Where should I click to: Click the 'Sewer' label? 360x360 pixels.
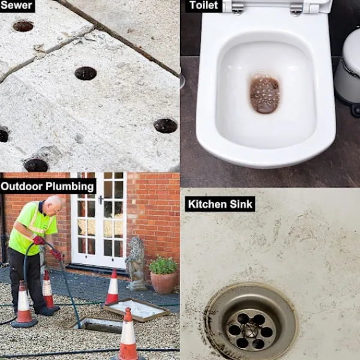tap(17, 5)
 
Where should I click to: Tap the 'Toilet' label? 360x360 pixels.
tap(203, 5)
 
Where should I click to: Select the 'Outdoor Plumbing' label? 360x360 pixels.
tap(47, 186)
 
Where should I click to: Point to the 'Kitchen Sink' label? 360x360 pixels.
tap(220, 204)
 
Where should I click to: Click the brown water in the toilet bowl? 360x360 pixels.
tap(265, 94)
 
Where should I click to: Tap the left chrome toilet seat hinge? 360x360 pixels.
tap(238, 8)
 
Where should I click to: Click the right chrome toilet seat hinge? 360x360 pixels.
tap(296, 8)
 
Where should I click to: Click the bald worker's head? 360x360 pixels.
tap(53, 205)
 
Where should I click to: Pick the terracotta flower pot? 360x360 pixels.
tap(163, 283)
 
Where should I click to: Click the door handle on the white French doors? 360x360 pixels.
tap(101, 200)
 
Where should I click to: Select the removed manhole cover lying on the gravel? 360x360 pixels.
tap(137, 309)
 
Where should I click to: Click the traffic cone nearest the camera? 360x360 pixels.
tap(128, 335)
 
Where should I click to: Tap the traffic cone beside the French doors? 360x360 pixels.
tap(113, 287)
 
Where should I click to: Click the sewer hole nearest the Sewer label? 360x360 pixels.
tap(23, 26)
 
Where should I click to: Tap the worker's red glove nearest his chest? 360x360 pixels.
tap(38, 241)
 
